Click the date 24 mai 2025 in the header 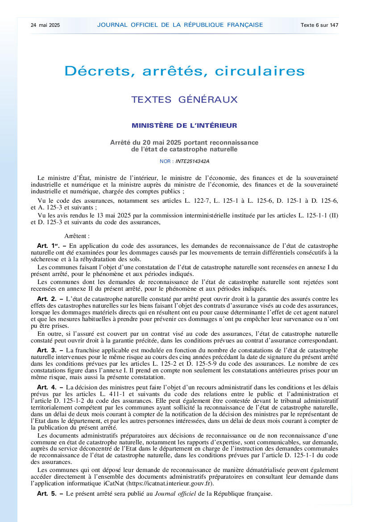coord(45,25)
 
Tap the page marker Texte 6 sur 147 coord(319,25)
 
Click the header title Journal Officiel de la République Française coord(180,25)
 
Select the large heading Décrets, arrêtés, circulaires coord(185,71)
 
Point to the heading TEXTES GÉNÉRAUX coord(184,100)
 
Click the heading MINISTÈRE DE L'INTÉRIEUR coord(184,126)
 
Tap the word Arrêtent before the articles coord(77,235)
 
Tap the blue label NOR coord(165,161)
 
